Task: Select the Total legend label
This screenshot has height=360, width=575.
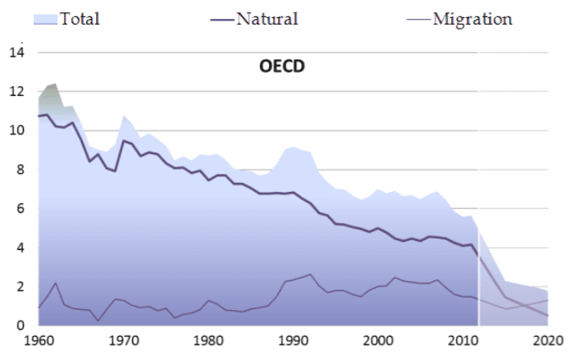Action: tap(80, 18)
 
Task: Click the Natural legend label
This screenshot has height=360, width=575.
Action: tap(267, 18)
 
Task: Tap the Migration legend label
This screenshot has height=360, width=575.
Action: tap(472, 18)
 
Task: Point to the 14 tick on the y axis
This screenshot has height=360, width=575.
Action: tap(16, 52)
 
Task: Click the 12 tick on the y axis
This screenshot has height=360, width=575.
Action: tap(16, 92)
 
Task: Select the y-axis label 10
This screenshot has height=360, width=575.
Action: tap(16, 131)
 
